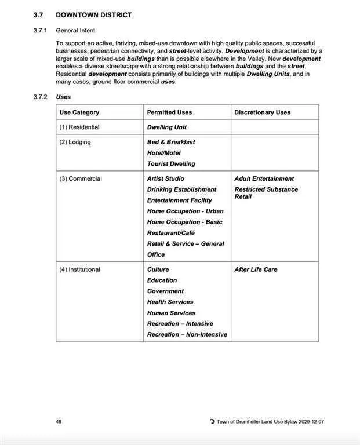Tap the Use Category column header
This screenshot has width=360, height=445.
(79, 112)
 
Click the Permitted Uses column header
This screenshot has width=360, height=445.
(169, 112)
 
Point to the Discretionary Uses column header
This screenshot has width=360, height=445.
(263, 112)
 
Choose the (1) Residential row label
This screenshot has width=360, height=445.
(79, 127)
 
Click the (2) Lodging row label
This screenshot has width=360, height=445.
(75, 142)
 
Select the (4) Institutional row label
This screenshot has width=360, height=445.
(80, 269)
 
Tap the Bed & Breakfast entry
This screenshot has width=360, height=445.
(171, 142)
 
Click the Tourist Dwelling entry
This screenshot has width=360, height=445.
(171, 164)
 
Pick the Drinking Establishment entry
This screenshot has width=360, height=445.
(181, 189)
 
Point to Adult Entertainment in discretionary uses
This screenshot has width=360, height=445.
(264, 179)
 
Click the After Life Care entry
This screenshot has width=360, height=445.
(256, 269)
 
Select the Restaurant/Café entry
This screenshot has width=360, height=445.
(171, 233)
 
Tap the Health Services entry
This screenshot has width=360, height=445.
(170, 302)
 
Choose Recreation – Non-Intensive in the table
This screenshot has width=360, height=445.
(187, 335)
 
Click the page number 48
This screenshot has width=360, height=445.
(59, 422)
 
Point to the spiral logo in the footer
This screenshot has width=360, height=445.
(212, 422)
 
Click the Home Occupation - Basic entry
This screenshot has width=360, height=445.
(184, 222)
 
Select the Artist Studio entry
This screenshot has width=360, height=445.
(166, 179)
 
